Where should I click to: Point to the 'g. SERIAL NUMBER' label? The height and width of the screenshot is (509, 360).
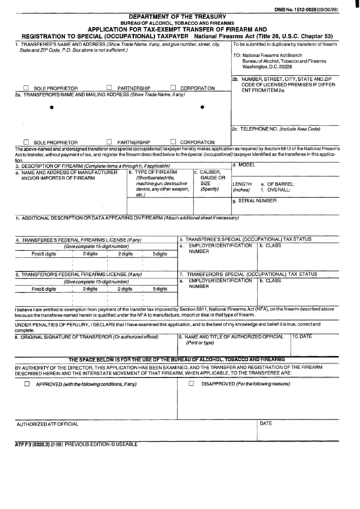[x=255, y=201]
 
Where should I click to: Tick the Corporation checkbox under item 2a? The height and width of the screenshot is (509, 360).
[x=174, y=142]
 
